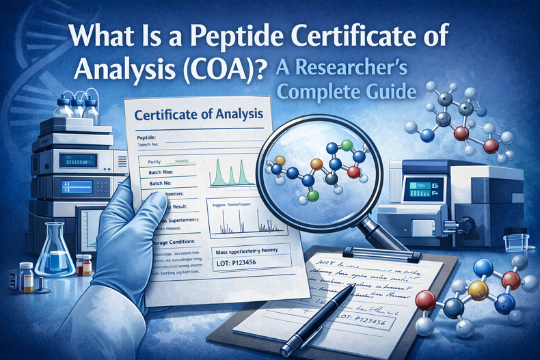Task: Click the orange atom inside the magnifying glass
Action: [316, 165]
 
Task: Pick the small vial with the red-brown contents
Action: [85, 264]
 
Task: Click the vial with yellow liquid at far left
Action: [26, 276]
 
